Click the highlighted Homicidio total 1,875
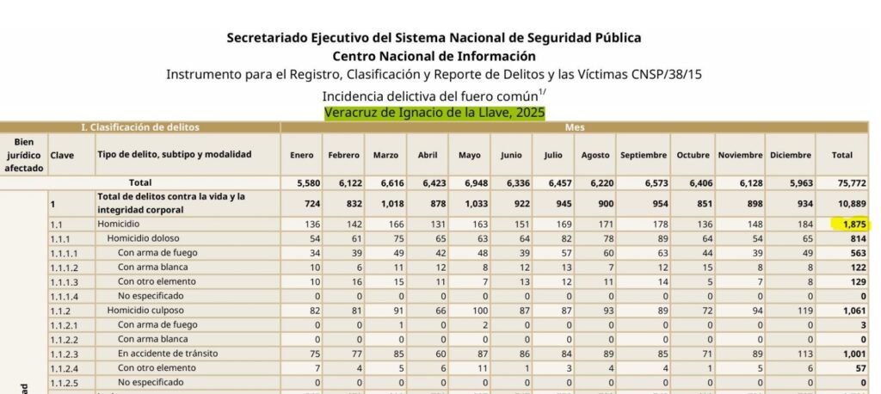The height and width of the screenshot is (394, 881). pyautogui.click(x=849, y=224)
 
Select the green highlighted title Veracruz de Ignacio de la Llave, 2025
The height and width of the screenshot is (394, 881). pyautogui.click(x=434, y=113)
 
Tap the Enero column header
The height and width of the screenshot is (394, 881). pyautogui.click(x=302, y=155)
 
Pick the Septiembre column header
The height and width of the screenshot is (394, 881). pyautogui.click(x=643, y=155)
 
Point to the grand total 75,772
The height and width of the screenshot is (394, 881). pyautogui.click(x=841, y=182)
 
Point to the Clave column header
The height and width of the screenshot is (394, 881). pyautogui.click(x=62, y=155)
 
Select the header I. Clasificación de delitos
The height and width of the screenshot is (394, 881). pyautogui.click(x=140, y=127)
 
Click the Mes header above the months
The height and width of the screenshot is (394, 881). pyautogui.click(x=575, y=127)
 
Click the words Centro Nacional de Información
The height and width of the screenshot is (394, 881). pyautogui.click(x=434, y=56)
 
